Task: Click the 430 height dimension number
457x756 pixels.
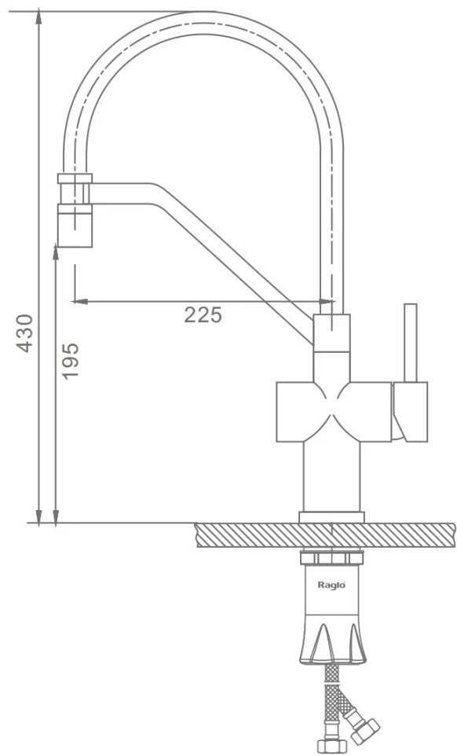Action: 26,333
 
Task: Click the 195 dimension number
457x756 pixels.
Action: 71,361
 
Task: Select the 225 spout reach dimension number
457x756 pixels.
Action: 203,315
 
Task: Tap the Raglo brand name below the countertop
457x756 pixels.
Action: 331,585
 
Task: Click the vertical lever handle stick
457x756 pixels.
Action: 411,343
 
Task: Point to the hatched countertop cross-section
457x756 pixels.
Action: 326,535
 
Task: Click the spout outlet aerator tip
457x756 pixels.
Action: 75,226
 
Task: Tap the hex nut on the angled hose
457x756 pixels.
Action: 365,731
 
